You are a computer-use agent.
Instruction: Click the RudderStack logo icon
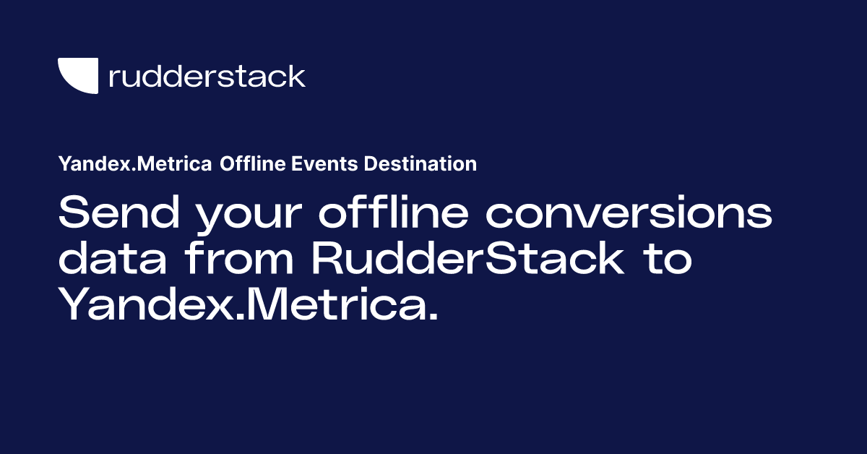point(77,75)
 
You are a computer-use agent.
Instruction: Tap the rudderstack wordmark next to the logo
point(207,76)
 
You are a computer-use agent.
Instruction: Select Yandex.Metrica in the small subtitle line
point(135,164)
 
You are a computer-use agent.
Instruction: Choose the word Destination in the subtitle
point(420,164)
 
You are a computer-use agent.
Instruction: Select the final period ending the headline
point(432,317)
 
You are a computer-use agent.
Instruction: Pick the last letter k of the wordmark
point(296,76)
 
